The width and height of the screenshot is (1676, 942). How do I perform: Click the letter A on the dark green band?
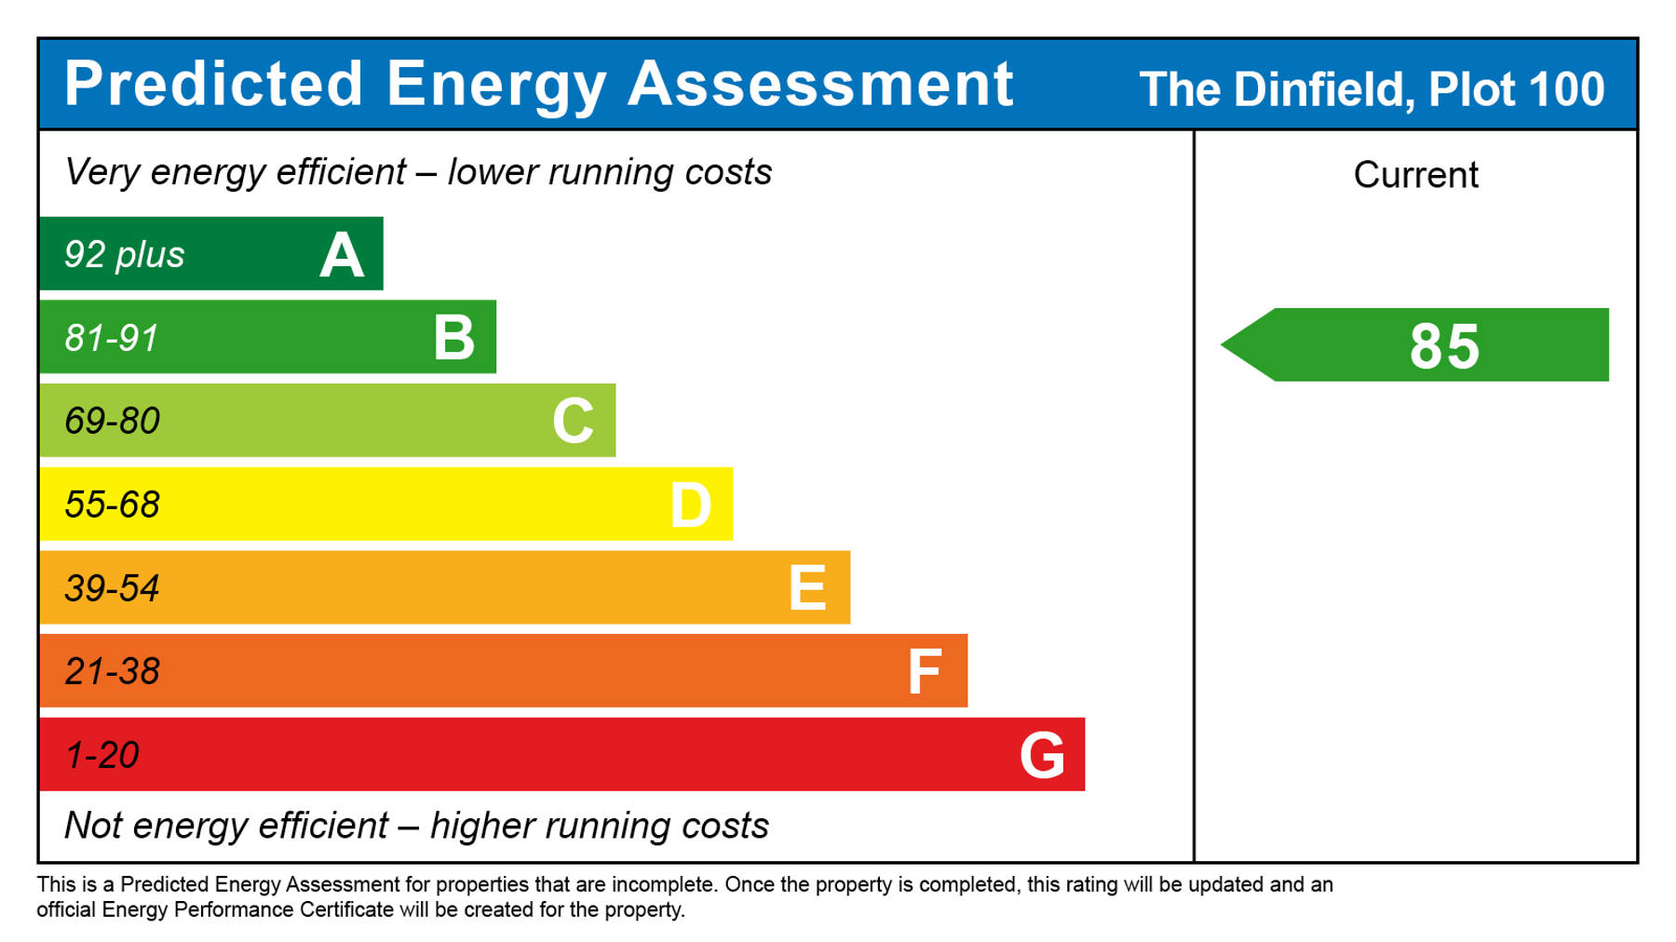342,255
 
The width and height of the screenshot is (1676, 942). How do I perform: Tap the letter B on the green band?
454,338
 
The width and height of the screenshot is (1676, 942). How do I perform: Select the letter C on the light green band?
573,421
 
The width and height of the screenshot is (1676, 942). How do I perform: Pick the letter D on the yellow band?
691,505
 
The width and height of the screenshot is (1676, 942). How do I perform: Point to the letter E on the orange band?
807,588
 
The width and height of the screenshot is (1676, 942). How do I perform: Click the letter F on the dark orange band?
925,672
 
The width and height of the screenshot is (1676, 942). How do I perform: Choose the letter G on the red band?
1042,755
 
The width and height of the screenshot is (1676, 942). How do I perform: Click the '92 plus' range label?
124,255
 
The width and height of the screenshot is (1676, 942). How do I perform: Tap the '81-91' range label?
112,338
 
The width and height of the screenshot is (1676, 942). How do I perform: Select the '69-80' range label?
112,422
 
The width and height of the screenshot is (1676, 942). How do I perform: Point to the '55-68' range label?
112,505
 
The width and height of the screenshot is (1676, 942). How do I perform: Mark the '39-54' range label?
112,588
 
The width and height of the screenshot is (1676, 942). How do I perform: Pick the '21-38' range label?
112,672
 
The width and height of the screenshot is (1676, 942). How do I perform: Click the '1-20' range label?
101,755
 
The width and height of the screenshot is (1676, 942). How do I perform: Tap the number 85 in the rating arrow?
1444,346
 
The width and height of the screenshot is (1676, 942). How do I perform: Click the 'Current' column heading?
1415,175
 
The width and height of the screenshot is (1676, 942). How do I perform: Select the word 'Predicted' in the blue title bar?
213,85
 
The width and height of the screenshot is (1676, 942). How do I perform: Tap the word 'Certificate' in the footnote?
346,909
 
